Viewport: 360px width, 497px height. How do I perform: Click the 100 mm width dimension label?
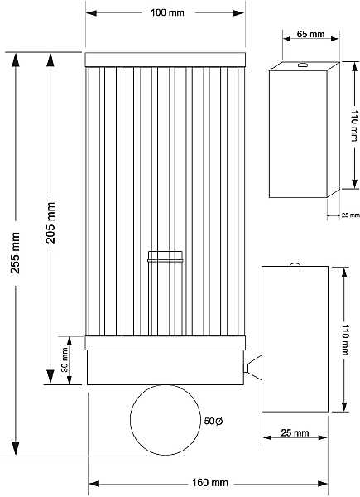167,12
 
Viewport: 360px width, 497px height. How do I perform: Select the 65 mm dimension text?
310,34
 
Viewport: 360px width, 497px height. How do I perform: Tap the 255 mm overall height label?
15,253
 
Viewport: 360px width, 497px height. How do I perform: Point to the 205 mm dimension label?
50,223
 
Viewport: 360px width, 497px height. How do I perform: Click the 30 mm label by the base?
65,359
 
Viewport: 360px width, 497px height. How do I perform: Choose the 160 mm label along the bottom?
210,483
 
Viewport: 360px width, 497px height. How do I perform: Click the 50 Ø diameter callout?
214,421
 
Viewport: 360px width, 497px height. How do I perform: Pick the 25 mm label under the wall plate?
295,432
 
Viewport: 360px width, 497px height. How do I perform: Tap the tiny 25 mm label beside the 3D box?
351,215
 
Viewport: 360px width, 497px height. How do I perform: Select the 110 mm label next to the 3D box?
354,126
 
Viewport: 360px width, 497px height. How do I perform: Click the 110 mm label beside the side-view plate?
345,340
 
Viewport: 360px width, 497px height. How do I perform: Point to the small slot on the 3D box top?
303,65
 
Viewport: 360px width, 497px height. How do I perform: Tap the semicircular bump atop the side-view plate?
295,264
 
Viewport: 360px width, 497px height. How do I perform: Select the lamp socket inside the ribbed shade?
166,293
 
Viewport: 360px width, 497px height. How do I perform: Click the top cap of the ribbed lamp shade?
166,60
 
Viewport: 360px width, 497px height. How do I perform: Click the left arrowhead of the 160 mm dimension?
94,484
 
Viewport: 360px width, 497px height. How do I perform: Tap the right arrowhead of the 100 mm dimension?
238,13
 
